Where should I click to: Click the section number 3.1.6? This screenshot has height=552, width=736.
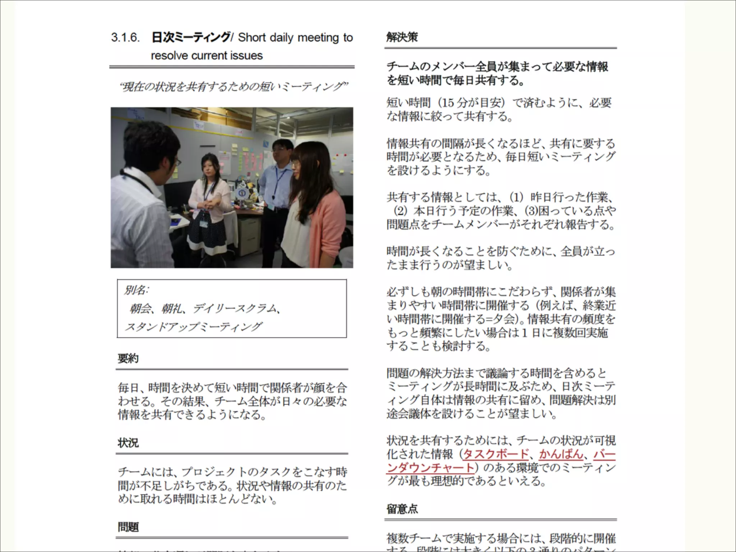click(125, 37)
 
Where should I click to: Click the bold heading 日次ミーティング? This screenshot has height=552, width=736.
click(191, 37)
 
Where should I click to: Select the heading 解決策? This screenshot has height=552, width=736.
click(402, 37)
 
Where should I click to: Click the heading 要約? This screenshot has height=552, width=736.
click(128, 358)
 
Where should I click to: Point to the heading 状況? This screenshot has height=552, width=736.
click(128, 443)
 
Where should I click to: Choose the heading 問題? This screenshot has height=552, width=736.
click(128, 527)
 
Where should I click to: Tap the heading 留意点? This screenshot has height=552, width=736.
click(402, 509)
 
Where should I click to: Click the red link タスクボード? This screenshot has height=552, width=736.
click(496, 454)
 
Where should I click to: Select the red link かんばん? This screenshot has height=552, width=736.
click(561, 454)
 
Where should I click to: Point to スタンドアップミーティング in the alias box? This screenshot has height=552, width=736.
click(193, 327)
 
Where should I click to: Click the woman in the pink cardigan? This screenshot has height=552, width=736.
click(316, 208)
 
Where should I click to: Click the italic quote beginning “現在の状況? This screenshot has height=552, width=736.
click(234, 87)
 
